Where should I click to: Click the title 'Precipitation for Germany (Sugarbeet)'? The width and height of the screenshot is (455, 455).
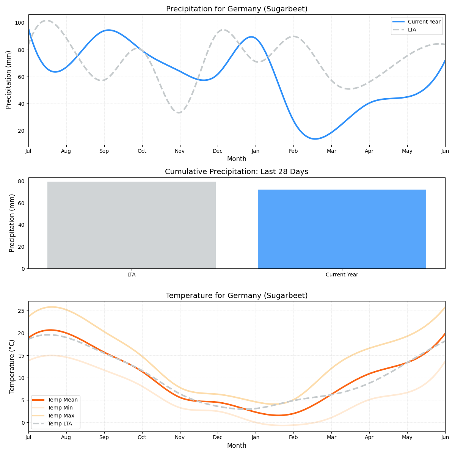coord(237,9)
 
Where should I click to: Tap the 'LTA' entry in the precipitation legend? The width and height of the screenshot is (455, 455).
coord(412,30)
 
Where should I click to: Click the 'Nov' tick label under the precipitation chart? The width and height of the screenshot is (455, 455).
coord(180,151)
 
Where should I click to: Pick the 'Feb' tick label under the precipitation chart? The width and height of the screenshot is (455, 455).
coord(293,151)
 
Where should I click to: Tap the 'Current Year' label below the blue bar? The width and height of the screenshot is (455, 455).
coord(342,275)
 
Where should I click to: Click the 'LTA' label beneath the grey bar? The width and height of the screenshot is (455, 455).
coord(132,275)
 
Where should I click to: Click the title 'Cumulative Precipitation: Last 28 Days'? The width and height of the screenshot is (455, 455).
coord(237,172)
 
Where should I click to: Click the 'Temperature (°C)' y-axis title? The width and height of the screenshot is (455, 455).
coord(12,366)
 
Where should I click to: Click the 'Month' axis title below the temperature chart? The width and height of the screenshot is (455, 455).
coord(237,446)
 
